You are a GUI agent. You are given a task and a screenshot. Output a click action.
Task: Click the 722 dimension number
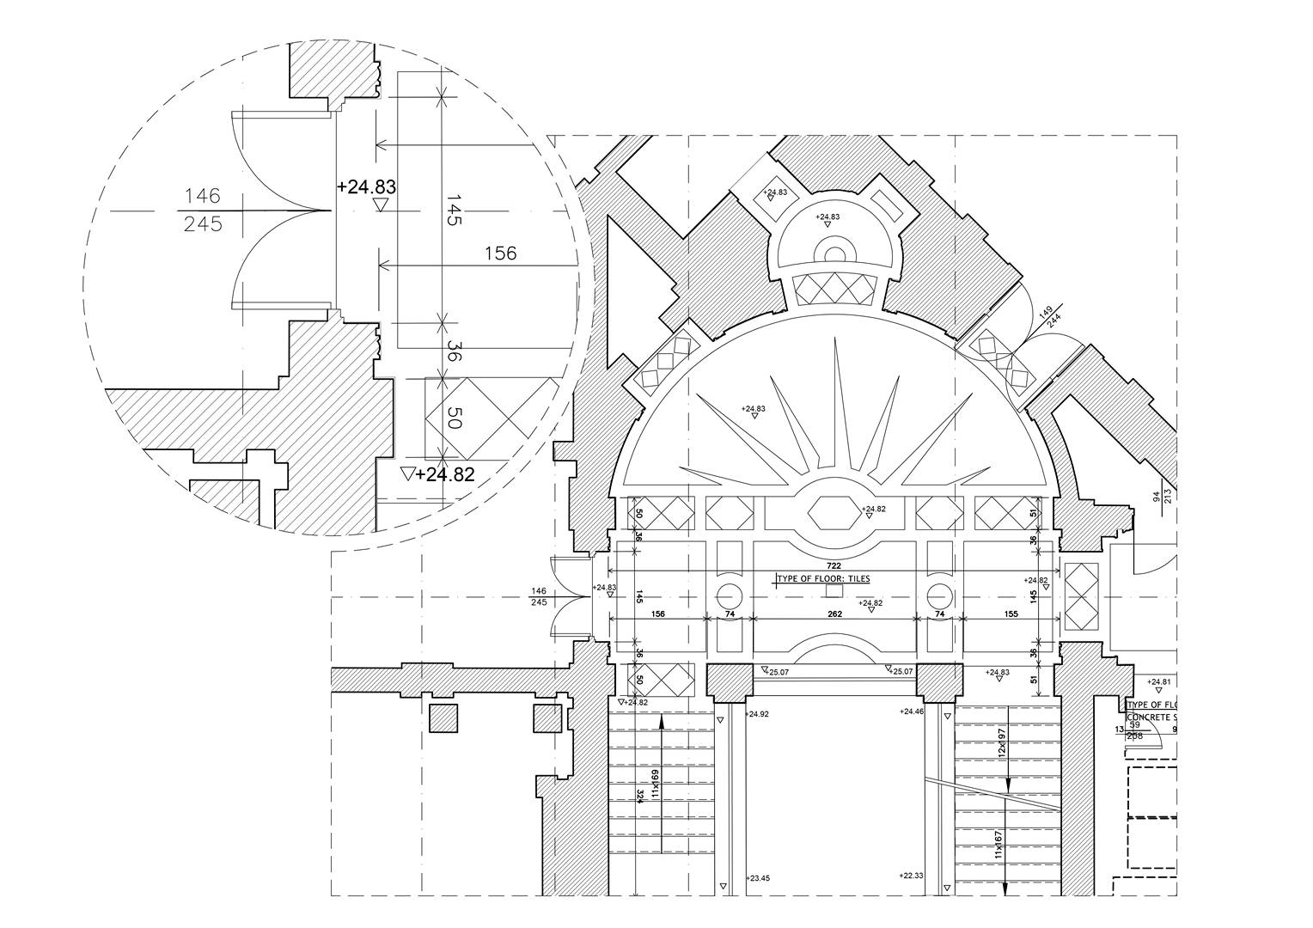point(833,566)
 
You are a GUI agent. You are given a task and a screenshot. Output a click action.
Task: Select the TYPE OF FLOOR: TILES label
point(824,579)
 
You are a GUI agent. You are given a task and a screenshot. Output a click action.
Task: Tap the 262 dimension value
point(834,614)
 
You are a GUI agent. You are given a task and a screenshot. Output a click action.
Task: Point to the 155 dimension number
point(1010,614)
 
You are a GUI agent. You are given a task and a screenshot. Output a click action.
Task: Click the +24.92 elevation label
point(758,714)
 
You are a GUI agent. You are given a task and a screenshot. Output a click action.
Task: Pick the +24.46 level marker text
point(911,711)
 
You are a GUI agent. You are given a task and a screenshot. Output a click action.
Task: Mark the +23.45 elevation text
point(758,878)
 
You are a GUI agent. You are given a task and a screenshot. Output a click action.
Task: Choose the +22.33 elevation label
point(911,876)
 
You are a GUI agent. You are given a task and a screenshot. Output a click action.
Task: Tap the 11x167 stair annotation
point(998,845)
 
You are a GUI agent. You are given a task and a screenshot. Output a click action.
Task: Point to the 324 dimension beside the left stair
point(640,796)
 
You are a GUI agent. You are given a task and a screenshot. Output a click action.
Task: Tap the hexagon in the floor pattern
point(834,512)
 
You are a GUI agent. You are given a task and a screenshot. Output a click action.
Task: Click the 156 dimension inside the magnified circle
point(500,253)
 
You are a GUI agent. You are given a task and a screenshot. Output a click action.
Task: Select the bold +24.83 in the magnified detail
point(367,186)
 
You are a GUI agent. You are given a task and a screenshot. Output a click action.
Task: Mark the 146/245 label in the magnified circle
point(203,211)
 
